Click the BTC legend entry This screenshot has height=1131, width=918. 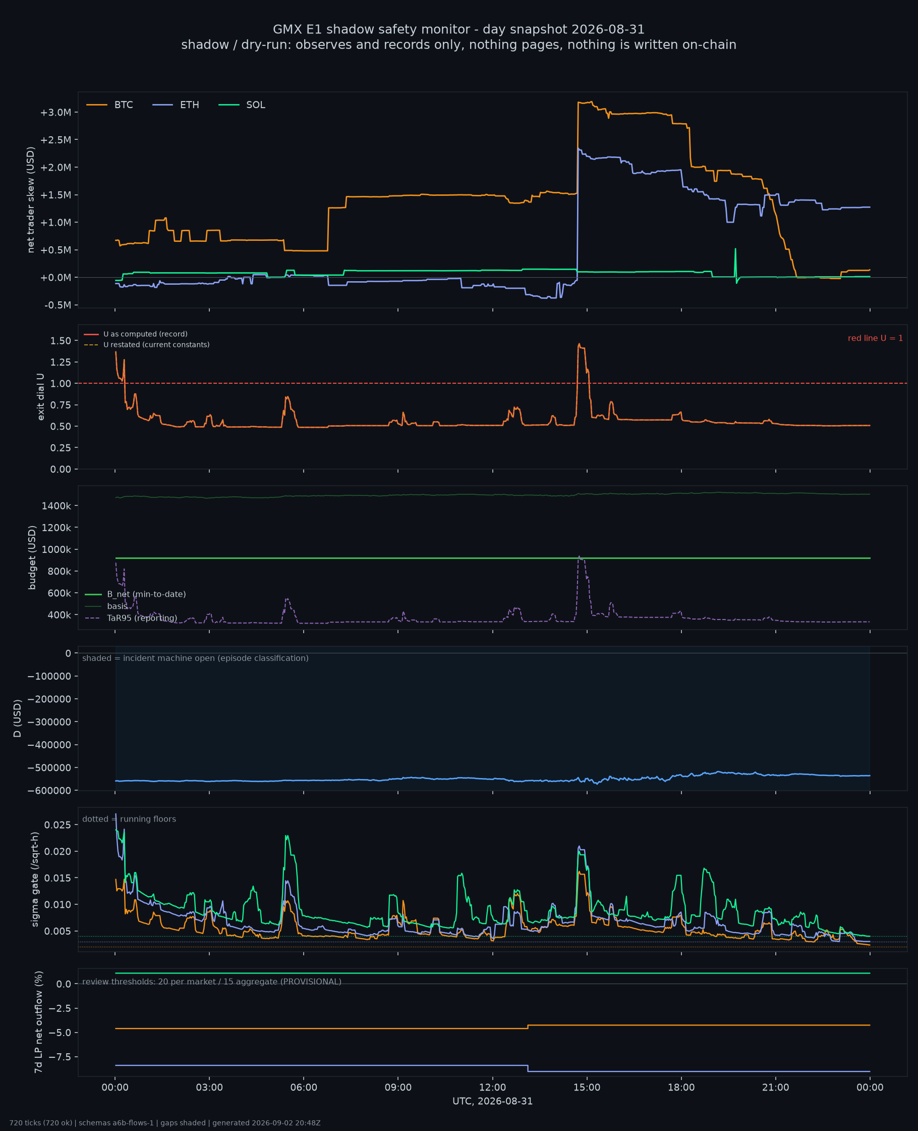(109, 105)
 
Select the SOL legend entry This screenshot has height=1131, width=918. (242, 105)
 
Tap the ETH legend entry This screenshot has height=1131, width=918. (176, 105)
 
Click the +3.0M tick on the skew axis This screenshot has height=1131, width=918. (55, 112)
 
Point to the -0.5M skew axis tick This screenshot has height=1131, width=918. (57, 305)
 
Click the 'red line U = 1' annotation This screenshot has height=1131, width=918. (875, 338)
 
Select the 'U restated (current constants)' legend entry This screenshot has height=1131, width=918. (146, 345)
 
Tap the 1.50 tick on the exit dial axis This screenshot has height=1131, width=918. (61, 341)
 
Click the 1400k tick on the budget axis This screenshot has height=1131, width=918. (56, 506)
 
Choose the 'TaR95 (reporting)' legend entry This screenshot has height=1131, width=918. (131, 618)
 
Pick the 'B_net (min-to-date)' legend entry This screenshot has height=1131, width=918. (135, 594)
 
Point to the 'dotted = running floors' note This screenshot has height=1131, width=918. (129, 819)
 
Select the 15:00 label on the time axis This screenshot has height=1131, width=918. (587, 1088)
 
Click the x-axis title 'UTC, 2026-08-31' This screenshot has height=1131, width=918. (492, 1101)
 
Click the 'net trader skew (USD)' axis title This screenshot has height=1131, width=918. (31, 200)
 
